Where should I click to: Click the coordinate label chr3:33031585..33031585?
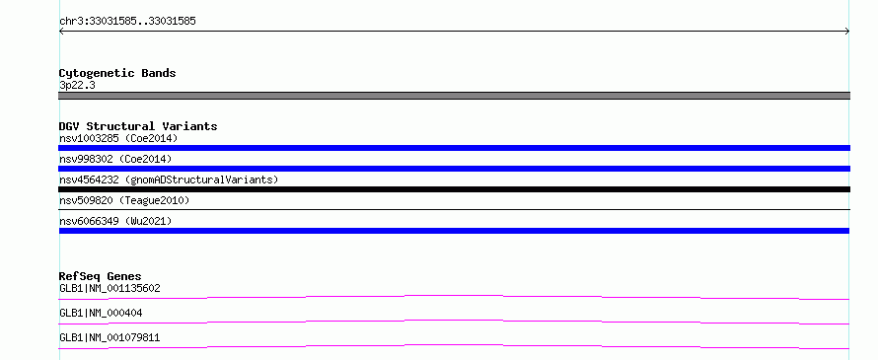click(127, 22)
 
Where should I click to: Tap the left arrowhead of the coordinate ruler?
click(60, 32)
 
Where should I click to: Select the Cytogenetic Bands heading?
click(117, 73)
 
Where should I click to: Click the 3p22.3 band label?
click(77, 86)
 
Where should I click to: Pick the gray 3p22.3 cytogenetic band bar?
click(454, 96)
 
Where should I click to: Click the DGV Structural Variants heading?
click(138, 126)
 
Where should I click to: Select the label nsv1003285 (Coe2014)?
click(118, 138)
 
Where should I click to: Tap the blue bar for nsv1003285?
click(454, 148)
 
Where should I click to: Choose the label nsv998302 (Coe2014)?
click(115, 159)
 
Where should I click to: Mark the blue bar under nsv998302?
click(454, 169)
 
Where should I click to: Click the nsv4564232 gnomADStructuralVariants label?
click(169, 180)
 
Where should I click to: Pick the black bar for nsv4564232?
click(454, 189)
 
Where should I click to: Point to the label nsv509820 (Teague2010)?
click(124, 200)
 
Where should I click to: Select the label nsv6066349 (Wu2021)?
click(115, 221)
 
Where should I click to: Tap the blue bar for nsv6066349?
click(454, 231)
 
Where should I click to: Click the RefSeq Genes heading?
click(101, 276)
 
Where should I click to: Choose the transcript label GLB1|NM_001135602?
click(110, 288)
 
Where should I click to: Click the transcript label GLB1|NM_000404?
click(101, 313)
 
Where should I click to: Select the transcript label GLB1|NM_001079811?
click(110, 337)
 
